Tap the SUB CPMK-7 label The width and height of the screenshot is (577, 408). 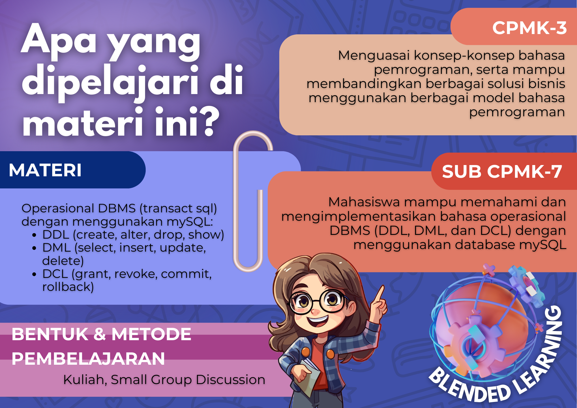pyautogui.click(x=502, y=171)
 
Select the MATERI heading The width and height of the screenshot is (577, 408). pyautogui.click(x=45, y=170)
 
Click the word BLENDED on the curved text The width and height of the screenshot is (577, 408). pyautogui.click(x=470, y=385)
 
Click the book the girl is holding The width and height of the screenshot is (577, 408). pyautogui.click(x=309, y=375)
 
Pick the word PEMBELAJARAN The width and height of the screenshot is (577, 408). pyautogui.click(x=88, y=359)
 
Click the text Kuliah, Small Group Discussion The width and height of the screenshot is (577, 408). pyautogui.click(x=164, y=380)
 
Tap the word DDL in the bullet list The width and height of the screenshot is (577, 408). pyautogui.click(x=56, y=235)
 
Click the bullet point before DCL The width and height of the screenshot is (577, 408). pyautogui.click(x=34, y=274)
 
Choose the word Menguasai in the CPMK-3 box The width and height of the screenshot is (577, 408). pyautogui.click(x=374, y=55)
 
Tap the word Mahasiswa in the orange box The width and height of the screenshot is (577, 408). pyautogui.click(x=364, y=202)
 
